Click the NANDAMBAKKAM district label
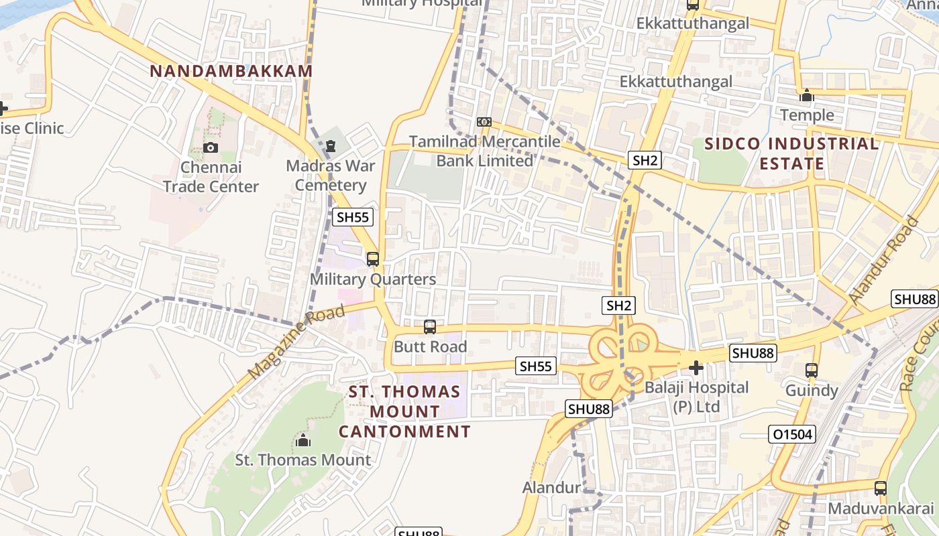pyautogui.click(x=231, y=71)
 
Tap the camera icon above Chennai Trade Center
pyautogui.click(x=211, y=147)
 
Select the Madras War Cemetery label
pyautogui.click(x=331, y=176)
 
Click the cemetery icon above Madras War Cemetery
pyautogui.click(x=330, y=145)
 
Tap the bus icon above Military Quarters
pyautogui.click(x=373, y=259)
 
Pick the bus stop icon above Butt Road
pyautogui.click(x=430, y=327)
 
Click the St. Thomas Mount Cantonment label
pyautogui.click(x=404, y=411)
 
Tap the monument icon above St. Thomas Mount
pyautogui.click(x=303, y=440)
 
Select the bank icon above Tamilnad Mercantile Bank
pyautogui.click(x=484, y=122)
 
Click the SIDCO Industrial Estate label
pyautogui.click(x=791, y=153)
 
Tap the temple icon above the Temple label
pyautogui.click(x=807, y=96)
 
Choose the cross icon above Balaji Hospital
pyautogui.click(x=696, y=367)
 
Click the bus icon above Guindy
pyautogui.click(x=812, y=370)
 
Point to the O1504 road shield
pyautogui.click(x=792, y=435)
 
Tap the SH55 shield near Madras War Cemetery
pyautogui.click(x=353, y=217)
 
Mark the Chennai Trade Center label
pyautogui.click(x=211, y=177)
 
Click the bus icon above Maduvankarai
pyautogui.click(x=881, y=488)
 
